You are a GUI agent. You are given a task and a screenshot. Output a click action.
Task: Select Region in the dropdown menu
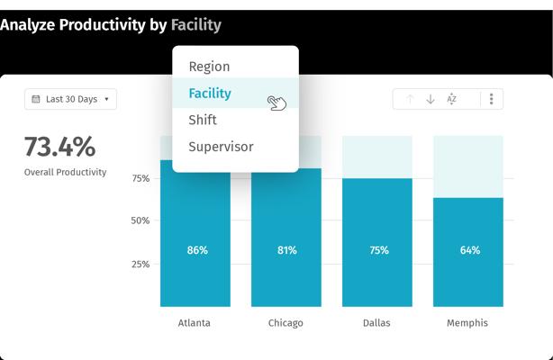[x=209, y=67]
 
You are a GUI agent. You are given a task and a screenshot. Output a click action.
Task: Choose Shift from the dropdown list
[x=203, y=120]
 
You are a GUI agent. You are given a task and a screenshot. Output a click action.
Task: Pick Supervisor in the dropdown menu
[x=221, y=147]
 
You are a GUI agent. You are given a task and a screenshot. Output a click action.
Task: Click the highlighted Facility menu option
[x=210, y=93]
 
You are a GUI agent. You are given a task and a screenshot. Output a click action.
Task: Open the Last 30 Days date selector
[x=70, y=99]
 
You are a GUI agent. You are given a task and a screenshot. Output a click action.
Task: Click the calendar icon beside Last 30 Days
[x=36, y=99]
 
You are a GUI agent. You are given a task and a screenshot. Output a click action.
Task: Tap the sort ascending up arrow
[x=410, y=99]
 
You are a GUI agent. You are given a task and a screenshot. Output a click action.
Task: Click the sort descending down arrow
[x=431, y=99]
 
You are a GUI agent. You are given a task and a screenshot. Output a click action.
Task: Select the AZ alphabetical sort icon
[x=451, y=99]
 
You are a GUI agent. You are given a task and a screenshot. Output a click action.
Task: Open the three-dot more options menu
[x=491, y=99]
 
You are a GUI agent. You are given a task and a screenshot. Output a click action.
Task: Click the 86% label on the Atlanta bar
[x=197, y=250]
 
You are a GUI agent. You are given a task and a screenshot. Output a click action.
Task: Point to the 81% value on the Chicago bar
[x=286, y=250]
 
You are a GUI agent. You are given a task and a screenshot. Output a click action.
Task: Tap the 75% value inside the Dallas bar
[x=379, y=250]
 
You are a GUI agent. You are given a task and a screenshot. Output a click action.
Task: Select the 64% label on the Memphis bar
[x=470, y=250]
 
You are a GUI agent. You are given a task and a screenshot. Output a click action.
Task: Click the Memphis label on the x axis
[x=467, y=323]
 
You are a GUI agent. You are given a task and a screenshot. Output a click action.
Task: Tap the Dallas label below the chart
[x=376, y=323]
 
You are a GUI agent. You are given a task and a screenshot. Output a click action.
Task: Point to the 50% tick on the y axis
[x=140, y=220]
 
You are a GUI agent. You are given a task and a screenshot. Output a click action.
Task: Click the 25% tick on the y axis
[x=141, y=264]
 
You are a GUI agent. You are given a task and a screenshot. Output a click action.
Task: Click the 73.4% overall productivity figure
[x=59, y=147]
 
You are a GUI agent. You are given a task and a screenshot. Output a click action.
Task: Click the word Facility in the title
[x=196, y=25]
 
